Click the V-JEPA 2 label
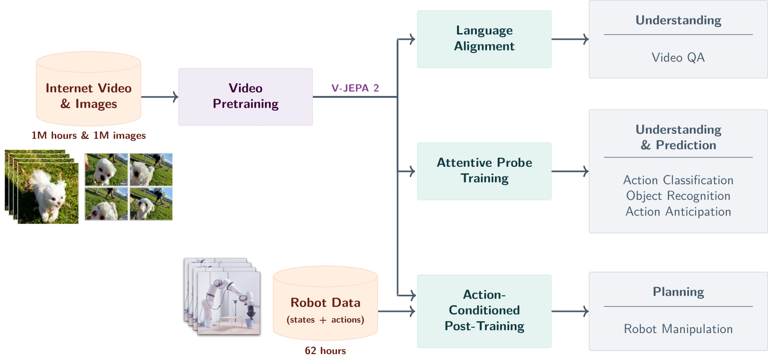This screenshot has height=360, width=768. [355, 88]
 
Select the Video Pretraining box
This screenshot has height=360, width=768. [245, 96]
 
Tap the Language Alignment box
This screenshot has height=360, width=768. [484, 39]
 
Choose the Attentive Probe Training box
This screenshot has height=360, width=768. [484, 171]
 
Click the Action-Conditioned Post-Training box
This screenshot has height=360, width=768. [484, 310]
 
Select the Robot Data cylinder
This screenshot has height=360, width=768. [325, 305]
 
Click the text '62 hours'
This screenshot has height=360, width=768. [325, 351]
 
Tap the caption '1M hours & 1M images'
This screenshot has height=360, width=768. [88, 136]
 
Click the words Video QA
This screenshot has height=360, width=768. [678, 58]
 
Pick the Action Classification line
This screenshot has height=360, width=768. [678, 180]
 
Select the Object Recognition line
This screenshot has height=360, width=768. [678, 196]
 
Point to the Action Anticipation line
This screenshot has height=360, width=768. [678, 212]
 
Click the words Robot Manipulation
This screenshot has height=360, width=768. [678, 329]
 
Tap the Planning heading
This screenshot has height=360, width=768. [678, 292]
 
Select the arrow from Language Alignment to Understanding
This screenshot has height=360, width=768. [570, 39]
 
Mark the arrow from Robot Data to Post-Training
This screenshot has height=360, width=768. [396, 311]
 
